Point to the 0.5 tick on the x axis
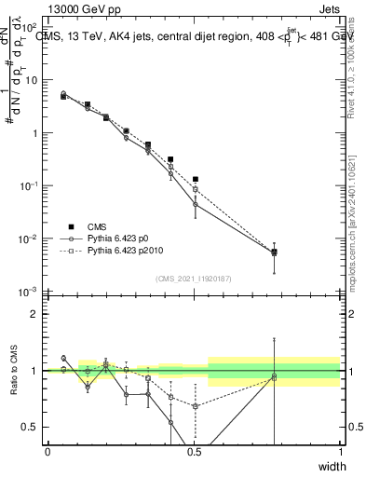[x=194, y=452]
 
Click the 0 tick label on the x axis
[x=47, y=452]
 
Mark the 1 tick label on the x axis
[x=340, y=452]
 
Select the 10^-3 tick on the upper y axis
[x=31, y=293]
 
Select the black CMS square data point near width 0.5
[x=195, y=179]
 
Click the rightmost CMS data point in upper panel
[x=274, y=252]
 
